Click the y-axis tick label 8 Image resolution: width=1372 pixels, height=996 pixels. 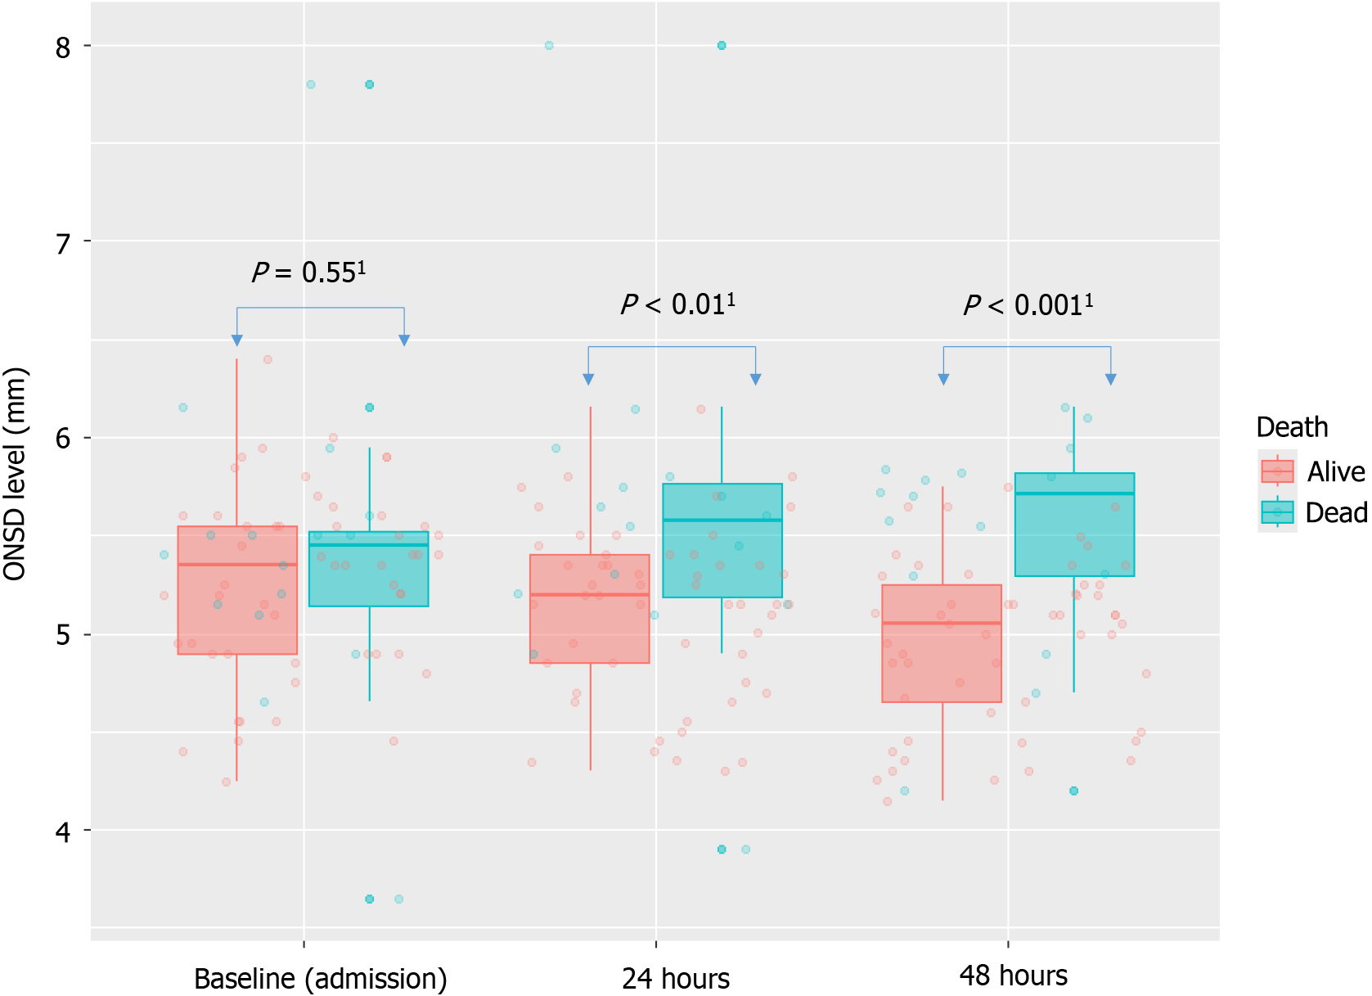63,47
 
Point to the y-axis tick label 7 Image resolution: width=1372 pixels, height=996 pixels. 63,243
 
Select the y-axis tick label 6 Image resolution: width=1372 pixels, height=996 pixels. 63,439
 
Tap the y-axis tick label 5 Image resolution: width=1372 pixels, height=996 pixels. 63,636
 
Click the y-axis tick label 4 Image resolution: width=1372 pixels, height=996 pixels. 63,832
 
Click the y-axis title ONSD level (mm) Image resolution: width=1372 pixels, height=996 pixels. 16,475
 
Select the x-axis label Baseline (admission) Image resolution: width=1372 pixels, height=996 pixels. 320,978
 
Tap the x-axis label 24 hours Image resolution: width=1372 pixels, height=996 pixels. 675,978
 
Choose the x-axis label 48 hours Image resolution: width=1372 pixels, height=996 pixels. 1013,976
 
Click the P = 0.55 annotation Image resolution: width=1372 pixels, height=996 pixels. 308,272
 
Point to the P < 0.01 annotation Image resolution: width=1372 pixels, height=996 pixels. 677,304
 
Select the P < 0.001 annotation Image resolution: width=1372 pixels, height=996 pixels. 1028,305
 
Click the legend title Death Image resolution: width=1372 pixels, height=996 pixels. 1292,427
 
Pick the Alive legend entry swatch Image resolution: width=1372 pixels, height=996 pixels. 1277,471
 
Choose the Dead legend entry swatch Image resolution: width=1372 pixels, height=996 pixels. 1277,512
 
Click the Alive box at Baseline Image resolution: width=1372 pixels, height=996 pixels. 237,590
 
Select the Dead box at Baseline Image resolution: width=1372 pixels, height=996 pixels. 369,569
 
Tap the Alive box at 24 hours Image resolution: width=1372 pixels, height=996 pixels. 590,609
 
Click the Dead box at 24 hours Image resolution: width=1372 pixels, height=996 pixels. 722,540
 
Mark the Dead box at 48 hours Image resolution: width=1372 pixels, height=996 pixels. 1074,525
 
